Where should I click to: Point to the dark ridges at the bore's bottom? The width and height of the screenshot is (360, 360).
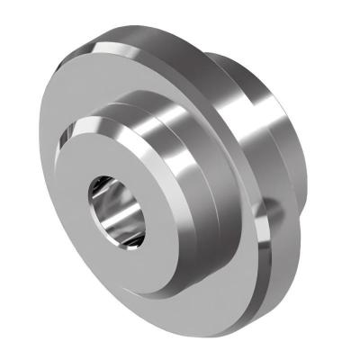click(131, 237)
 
